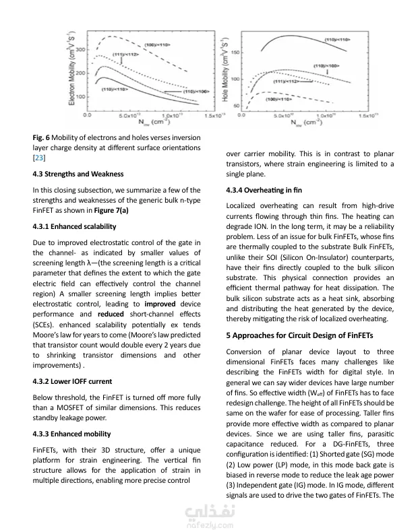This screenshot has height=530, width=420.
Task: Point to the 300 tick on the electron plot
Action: pos(80,51)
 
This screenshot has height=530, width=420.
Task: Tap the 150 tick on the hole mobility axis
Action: pos(236,52)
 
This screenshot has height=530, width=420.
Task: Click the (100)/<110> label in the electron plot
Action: pos(156,44)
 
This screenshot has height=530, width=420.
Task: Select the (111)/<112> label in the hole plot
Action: pos(284,81)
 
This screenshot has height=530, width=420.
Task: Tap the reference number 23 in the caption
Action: pos(38,158)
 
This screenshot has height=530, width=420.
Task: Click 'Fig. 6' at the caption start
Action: pos(40,137)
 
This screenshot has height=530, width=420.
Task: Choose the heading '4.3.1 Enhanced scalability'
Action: pos(76,226)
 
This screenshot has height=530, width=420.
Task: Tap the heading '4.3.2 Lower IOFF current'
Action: pos(72,381)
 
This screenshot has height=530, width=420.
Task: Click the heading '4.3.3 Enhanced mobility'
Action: pos(72,434)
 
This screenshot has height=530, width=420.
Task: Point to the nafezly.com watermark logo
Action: pos(210,514)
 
